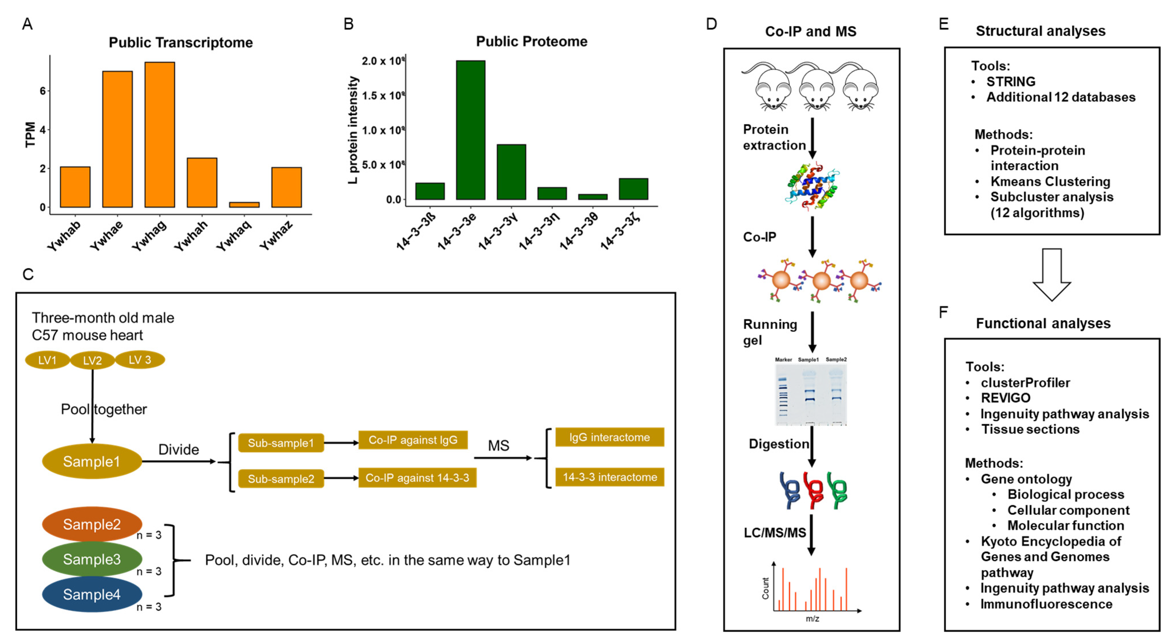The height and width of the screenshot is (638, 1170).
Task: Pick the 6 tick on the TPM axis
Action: (43, 91)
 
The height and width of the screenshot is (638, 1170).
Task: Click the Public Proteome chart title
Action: (531, 41)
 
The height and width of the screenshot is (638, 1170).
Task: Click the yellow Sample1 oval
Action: (92, 461)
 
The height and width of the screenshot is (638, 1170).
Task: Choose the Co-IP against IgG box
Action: (413, 440)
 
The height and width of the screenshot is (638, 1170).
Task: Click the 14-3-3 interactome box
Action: (609, 477)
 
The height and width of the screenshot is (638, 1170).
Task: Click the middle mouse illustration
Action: (816, 89)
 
